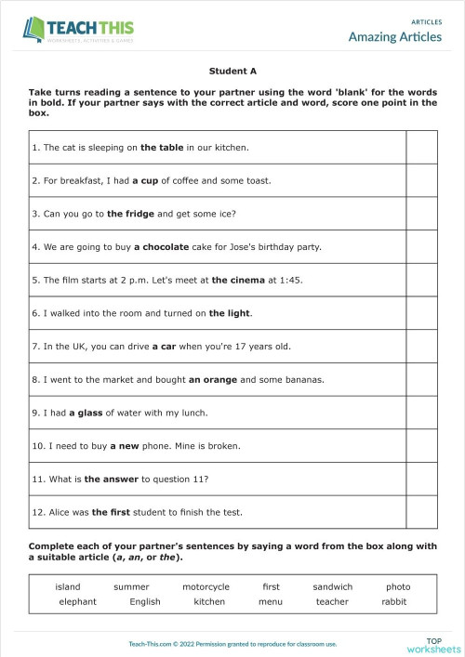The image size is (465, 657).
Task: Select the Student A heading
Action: point(232,70)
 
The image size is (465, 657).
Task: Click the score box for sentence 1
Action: point(421,147)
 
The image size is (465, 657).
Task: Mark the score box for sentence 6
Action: point(421,313)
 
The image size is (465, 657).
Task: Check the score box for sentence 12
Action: point(421,512)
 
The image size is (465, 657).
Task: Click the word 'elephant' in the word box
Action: point(77,602)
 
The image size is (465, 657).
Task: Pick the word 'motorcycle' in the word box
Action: point(206,587)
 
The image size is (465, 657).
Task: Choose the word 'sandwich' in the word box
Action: point(333,587)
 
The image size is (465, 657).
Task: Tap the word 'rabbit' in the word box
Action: point(394,602)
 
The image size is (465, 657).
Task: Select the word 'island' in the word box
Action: point(68,587)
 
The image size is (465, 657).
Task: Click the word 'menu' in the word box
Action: point(271,602)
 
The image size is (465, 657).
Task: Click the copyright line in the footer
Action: point(232,643)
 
